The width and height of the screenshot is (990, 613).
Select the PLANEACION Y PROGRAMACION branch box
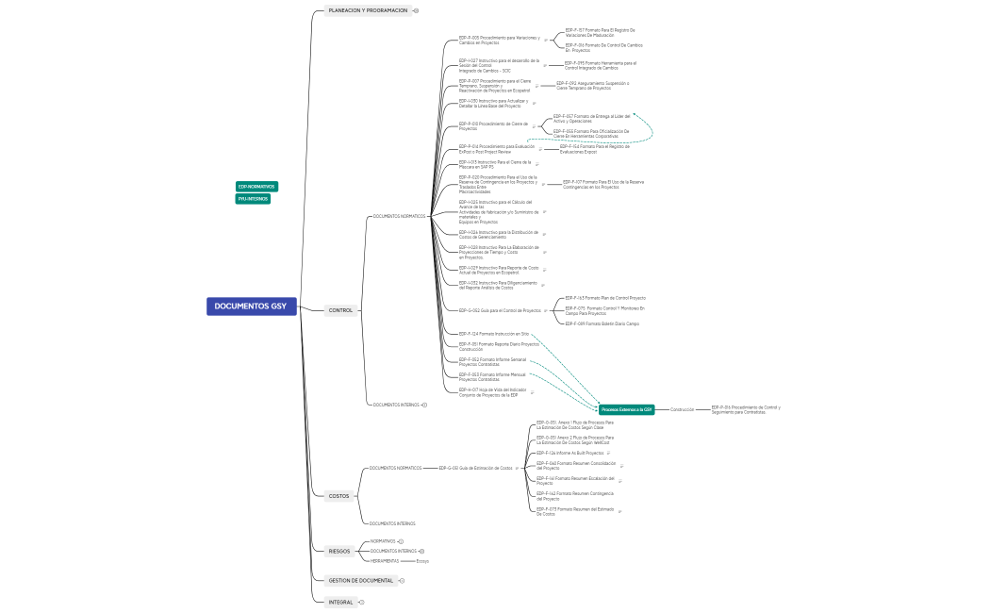368,10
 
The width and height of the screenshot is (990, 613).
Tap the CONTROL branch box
340,310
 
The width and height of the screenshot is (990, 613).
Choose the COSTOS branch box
338,495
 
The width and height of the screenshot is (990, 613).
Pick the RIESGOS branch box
339,551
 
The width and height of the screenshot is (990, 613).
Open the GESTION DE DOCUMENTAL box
360,580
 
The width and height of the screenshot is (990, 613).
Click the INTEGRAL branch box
340,602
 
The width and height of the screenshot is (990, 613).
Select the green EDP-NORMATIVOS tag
256,187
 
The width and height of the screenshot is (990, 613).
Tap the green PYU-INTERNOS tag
253,199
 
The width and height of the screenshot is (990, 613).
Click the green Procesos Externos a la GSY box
627,409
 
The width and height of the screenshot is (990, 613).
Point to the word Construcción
682,409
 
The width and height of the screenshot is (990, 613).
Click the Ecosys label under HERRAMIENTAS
422,561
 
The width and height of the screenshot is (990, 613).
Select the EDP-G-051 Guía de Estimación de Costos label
476,468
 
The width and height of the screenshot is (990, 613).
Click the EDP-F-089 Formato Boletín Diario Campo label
602,323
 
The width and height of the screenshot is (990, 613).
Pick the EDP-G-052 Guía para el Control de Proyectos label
500,310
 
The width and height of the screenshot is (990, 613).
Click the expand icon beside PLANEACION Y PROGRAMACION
416,10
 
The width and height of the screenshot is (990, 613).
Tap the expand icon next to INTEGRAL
361,602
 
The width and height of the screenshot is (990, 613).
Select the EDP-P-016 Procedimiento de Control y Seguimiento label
745,409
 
